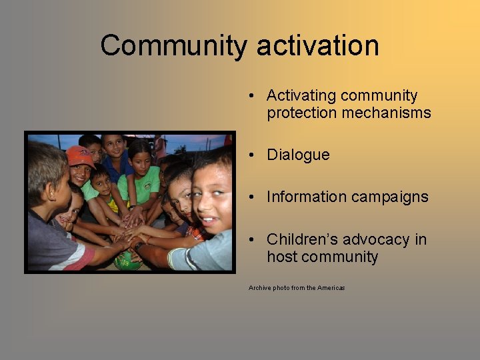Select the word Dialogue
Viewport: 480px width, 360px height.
pos(298,155)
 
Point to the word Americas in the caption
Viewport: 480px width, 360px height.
pos(331,288)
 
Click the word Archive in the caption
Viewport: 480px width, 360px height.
pos(260,288)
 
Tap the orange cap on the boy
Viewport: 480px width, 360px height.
pos(80,156)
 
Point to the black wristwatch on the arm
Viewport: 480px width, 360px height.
pos(139,245)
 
